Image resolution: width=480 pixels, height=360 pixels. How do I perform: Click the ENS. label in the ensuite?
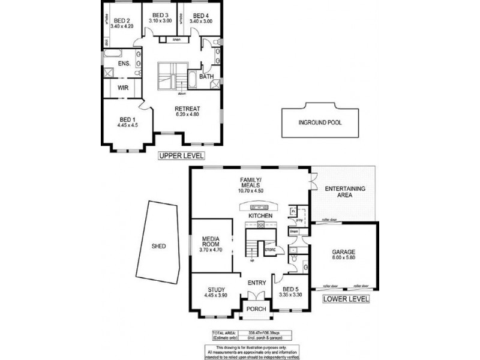tap(124, 63)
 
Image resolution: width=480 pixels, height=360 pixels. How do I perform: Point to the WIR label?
tap(123, 88)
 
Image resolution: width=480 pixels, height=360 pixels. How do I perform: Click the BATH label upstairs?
tap(206, 76)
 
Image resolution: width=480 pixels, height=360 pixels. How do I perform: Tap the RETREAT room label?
tap(187, 109)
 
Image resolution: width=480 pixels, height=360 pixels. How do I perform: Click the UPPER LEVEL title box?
tap(181, 155)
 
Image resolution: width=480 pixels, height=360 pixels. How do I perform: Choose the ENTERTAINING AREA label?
tap(345, 192)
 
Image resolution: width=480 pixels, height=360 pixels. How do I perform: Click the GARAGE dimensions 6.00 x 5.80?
tap(344, 259)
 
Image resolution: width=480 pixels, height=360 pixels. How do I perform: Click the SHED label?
tap(158, 246)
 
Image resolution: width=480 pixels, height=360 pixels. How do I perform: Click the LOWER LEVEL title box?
tap(346, 298)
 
